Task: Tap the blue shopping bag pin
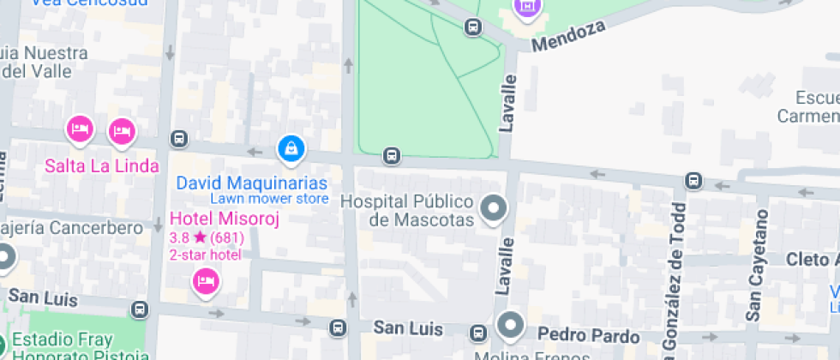click(x=291, y=149)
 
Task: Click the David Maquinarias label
click(x=252, y=183)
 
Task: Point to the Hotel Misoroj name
click(x=225, y=219)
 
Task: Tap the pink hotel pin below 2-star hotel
click(x=204, y=280)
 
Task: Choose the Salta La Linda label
click(x=102, y=165)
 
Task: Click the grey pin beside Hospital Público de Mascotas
click(x=493, y=208)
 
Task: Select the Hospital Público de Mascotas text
click(x=408, y=211)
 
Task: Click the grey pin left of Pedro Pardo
click(x=511, y=325)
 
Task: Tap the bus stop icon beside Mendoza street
click(x=472, y=27)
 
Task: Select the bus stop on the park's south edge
click(x=392, y=155)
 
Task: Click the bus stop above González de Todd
click(x=693, y=181)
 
